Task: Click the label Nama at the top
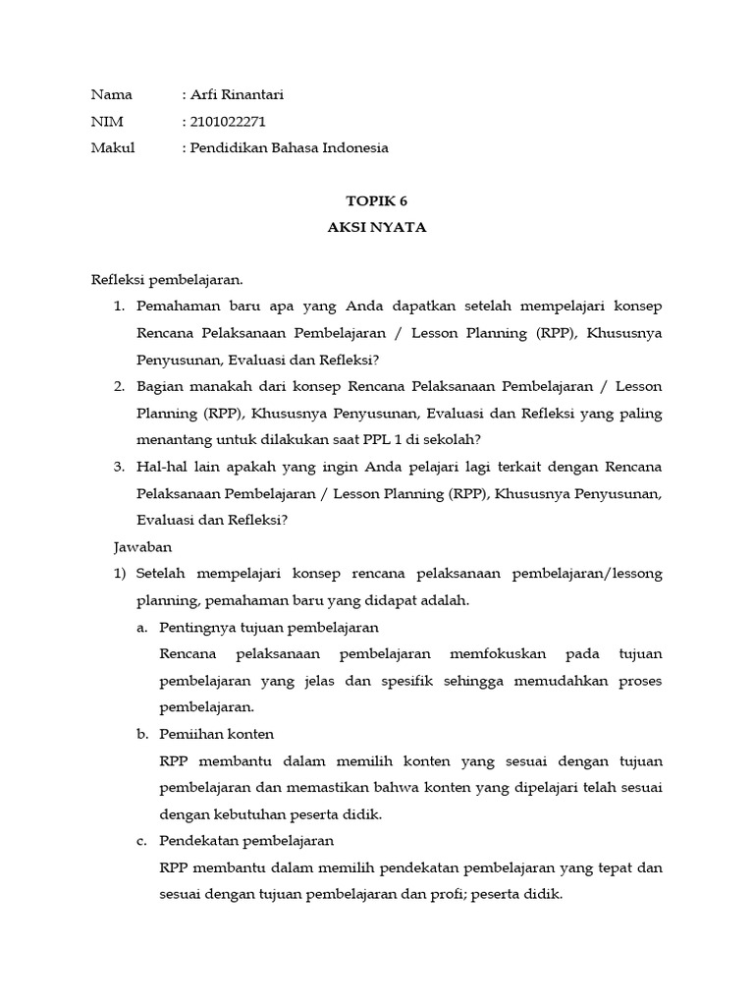(x=111, y=95)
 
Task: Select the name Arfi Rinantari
(x=237, y=95)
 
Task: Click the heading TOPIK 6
(x=376, y=201)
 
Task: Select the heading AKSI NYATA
(x=376, y=228)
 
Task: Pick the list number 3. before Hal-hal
(x=120, y=467)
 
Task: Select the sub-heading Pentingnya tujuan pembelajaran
(x=268, y=627)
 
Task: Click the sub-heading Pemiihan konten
(x=216, y=734)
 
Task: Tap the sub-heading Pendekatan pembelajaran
(x=246, y=841)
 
